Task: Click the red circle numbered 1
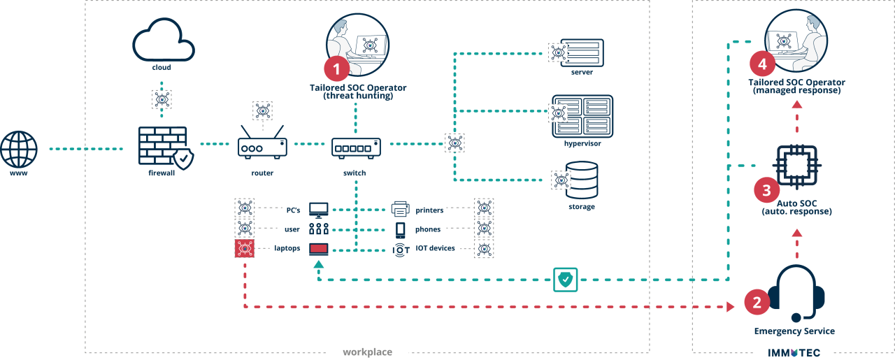(x=336, y=69)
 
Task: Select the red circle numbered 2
(x=757, y=302)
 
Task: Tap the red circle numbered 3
(x=766, y=189)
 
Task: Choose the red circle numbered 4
(x=762, y=64)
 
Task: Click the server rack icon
(x=585, y=52)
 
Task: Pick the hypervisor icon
(x=583, y=116)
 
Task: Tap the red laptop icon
(x=319, y=248)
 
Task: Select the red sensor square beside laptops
(x=245, y=248)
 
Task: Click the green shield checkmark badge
(x=566, y=279)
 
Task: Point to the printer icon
(x=401, y=209)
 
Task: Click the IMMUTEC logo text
(x=794, y=353)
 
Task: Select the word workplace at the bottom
(x=367, y=352)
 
